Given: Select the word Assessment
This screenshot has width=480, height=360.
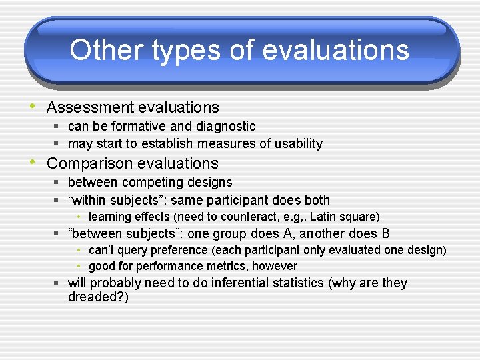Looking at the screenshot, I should pyautogui.click(x=90, y=107).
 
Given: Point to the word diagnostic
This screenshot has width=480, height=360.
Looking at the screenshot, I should pyautogui.click(x=226, y=127).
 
